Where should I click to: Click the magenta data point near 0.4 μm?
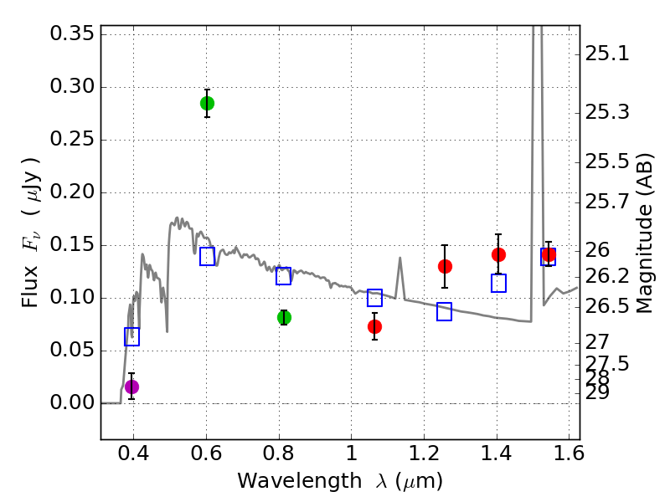click(x=131, y=387)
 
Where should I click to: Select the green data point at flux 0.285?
click(x=207, y=103)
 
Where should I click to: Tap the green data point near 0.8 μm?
click(x=284, y=317)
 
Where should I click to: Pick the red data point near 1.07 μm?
click(x=374, y=326)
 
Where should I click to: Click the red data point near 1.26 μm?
click(x=445, y=266)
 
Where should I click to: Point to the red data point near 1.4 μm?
click(x=498, y=254)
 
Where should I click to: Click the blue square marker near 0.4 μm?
click(x=131, y=336)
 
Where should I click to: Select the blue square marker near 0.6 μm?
click(x=207, y=256)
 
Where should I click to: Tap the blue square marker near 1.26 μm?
click(x=444, y=311)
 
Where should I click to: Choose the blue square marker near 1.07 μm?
click(x=374, y=297)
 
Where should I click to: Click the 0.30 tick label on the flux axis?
click(x=72, y=87)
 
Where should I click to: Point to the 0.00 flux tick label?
click(x=72, y=403)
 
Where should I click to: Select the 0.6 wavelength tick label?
click(x=207, y=457)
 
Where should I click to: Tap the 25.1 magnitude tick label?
click(x=607, y=54)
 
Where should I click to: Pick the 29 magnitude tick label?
click(x=598, y=392)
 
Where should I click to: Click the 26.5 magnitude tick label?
click(x=607, y=306)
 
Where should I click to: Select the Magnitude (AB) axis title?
click(x=644, y=233)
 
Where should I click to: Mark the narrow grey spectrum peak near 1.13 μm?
click(x=400, y=259)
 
